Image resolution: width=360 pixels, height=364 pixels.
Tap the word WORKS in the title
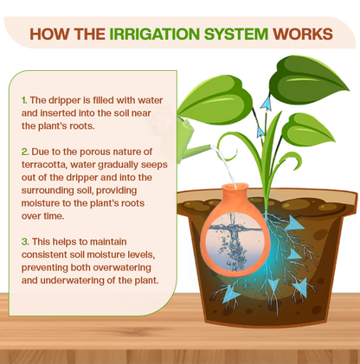299,35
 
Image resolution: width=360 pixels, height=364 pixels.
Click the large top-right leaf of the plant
307,80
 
